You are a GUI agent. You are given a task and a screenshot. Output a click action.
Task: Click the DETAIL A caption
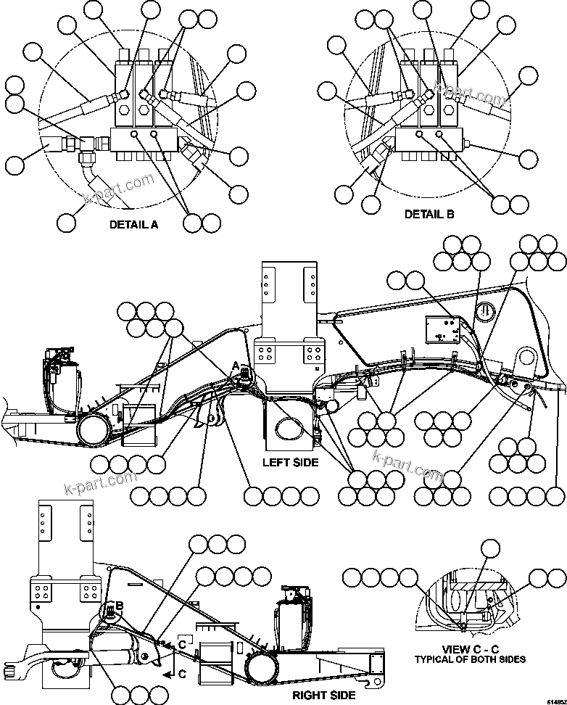[133, 224]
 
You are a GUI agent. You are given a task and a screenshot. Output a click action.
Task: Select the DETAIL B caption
[429, 214]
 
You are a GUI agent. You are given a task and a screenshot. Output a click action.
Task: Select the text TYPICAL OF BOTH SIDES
[470, 659]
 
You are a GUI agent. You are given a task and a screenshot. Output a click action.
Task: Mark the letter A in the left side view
[235, 363]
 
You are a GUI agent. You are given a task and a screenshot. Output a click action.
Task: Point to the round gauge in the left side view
[486, 313]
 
